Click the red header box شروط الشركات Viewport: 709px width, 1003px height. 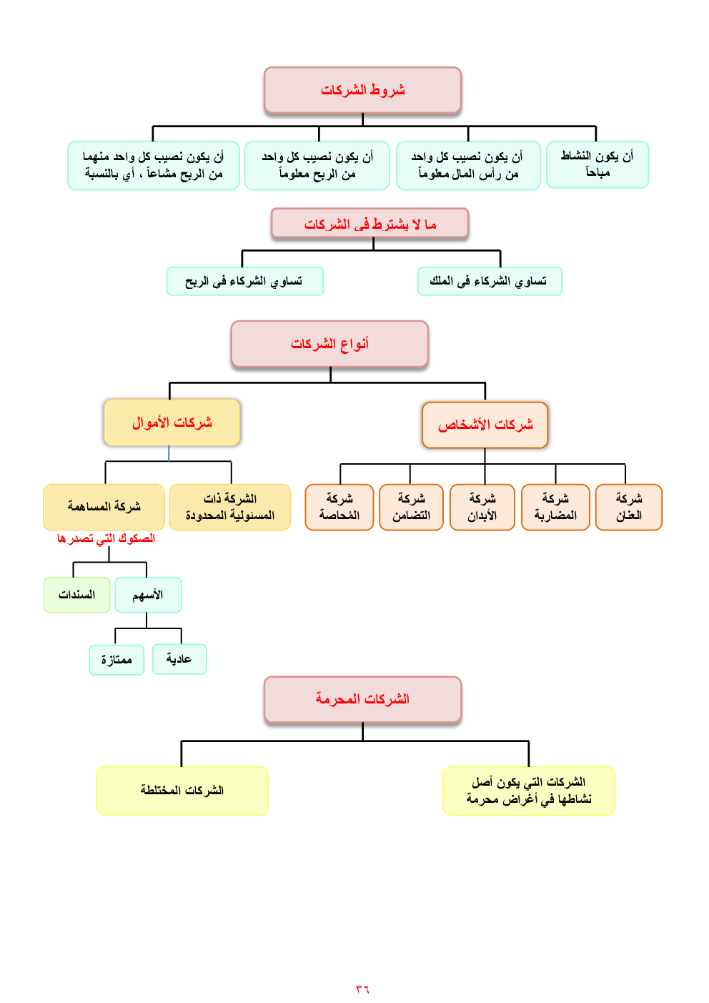362,90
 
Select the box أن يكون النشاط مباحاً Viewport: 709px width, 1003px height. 597,164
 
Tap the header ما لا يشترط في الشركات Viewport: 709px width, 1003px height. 370,224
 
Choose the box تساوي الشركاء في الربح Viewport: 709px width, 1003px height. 244,281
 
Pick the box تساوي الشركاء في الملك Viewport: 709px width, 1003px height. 489,281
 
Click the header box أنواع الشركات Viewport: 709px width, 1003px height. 329,344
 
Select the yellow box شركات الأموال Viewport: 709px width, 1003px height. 172,423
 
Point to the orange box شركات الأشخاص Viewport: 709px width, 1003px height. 485,425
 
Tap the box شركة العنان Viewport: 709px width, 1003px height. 628,507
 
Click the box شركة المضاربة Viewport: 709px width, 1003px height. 555,507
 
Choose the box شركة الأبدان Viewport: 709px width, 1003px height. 482,507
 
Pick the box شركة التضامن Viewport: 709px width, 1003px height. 411,507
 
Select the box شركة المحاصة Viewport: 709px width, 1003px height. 339,507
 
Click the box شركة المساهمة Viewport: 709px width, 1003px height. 104,507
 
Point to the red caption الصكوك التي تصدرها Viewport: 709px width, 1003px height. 106,538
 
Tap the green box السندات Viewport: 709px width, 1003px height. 76,595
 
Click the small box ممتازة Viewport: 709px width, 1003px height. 116,659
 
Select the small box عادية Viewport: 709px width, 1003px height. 179,658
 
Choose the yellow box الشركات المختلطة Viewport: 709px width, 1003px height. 182,791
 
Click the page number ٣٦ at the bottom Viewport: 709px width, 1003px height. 362,989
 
